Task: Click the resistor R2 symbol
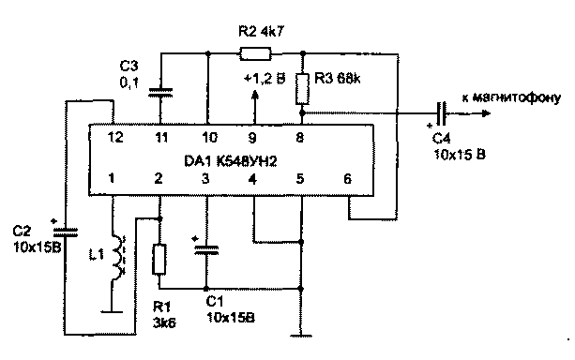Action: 255,53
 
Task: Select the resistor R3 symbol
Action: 303,89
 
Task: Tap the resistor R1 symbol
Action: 159,260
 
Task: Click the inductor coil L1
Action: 118,258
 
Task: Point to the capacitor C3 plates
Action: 160,93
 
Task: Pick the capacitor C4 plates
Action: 442,113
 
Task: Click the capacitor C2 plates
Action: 66,232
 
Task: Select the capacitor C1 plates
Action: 206,249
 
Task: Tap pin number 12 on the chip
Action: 115,138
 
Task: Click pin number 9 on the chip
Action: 252,138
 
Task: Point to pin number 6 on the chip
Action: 347,179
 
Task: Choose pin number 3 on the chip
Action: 205,178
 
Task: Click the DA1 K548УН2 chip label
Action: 231,161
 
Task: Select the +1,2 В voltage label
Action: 265,79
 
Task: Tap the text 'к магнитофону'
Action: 511,97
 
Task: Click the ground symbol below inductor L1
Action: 112,312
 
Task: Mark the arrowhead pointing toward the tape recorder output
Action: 486,113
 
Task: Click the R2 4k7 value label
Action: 261,32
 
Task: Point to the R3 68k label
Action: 338,79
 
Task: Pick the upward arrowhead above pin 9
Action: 255,95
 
